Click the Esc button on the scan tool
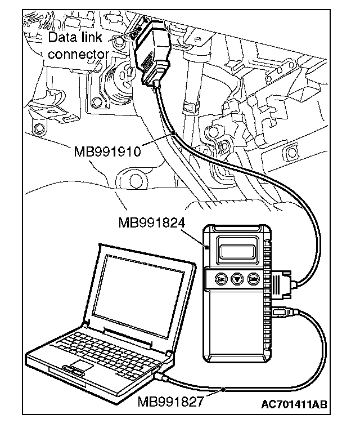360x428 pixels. click(x=222, y=278)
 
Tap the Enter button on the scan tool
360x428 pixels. click(x=254, y=278)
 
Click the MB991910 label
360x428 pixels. click(x=107, y=151)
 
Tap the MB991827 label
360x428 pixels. click(x=172, y=403)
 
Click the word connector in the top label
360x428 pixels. click(x=78, y=54)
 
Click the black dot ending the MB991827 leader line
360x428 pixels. click(x=224, y=389)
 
